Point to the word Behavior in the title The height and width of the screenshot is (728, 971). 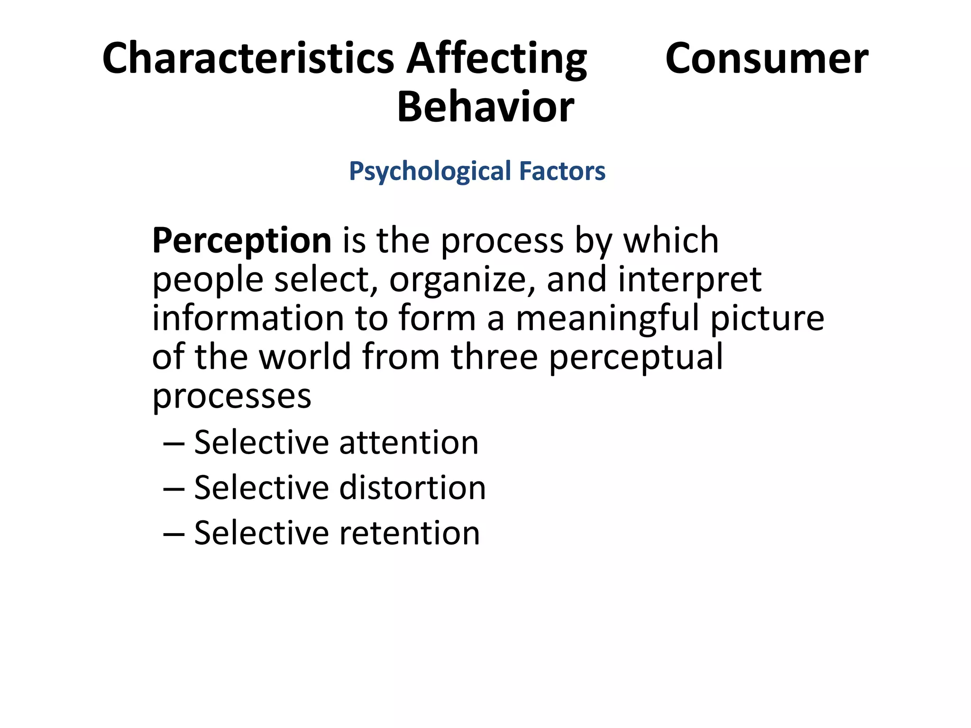[x=485, y=107]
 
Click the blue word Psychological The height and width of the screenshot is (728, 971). [x=430, y=171]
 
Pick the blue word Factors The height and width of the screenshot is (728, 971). [x=562, y=171]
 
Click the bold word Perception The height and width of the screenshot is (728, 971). [x=242, y=241]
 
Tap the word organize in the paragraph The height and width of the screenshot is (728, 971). [x=458, y=280]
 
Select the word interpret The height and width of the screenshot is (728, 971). [x=690, y=280]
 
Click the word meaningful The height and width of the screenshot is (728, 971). [x=607, y=318]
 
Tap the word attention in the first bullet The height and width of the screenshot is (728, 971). [x=409, y=443]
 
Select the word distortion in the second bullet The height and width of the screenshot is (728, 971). [x=412, y=488]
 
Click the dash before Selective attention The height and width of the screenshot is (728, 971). [x=174, y=444]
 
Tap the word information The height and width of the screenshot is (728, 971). [x=247, y=318]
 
